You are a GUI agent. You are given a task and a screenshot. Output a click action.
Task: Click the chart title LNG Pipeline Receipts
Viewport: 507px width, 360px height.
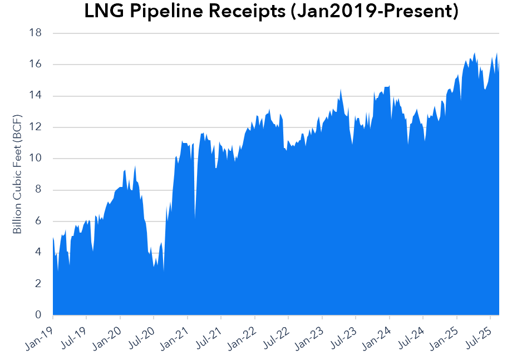[271, 12]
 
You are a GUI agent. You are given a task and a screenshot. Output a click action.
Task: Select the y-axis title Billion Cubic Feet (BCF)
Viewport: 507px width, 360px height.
[18, 173]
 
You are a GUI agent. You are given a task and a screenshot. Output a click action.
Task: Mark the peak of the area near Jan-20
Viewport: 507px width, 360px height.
[135, 166]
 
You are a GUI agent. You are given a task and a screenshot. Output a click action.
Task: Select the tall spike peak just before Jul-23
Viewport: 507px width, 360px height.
[341, 89]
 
